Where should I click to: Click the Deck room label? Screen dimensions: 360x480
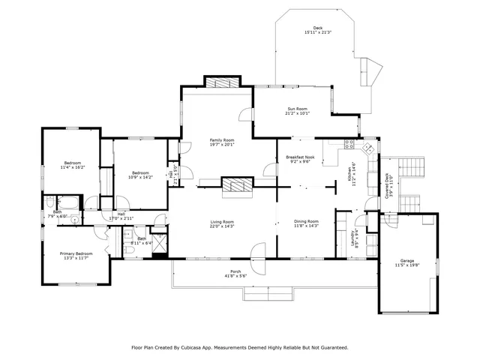click(x=317, y=31)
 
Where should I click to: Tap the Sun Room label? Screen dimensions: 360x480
click(x=297, y=112)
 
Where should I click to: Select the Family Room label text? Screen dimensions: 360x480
click(x=222, y=142)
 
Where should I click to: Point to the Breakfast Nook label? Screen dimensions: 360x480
click(x=299, y=159)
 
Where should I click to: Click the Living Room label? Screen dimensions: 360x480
click(x=222, y=224)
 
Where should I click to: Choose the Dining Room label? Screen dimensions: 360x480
click(x=307, y=223)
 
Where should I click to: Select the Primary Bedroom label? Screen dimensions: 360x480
click(x=76, y=256)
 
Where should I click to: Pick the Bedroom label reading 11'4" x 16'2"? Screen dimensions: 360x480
click(x=72, y=166)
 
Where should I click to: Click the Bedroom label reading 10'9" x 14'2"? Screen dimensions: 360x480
click(x=140, y=175)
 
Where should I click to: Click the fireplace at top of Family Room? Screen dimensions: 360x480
click(x=222, y=83)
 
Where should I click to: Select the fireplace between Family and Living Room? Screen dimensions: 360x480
click(x=237, y=186)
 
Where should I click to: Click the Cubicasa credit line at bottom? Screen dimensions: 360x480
click(x=240, y=347)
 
